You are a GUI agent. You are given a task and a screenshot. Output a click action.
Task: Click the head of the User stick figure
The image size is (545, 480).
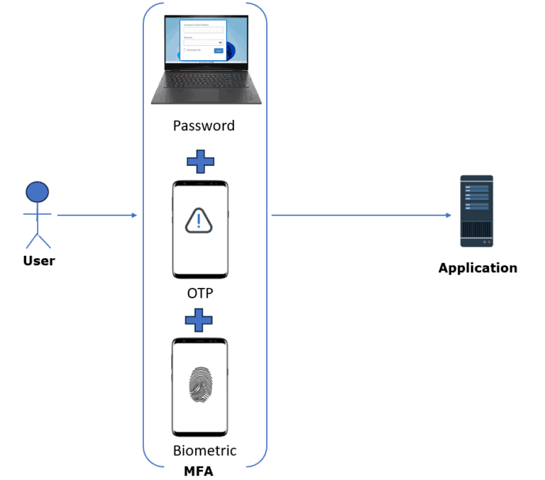point(37,192)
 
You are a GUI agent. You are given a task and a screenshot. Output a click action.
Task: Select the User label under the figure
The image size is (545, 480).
point(38,261)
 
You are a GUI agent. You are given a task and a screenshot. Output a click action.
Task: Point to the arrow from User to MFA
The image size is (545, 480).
point(97,215)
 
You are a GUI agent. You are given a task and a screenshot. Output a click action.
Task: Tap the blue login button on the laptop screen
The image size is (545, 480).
point(218,50)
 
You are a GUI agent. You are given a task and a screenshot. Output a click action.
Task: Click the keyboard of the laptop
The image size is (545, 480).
point(204,77)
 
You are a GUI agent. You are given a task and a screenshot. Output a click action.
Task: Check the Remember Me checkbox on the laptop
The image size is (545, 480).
point(185,50)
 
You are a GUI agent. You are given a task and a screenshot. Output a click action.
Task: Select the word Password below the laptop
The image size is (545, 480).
point(204,126)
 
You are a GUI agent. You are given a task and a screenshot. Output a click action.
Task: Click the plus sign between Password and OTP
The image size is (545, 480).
point(200,162)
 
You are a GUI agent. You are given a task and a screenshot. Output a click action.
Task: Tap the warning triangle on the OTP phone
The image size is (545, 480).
point(199,221)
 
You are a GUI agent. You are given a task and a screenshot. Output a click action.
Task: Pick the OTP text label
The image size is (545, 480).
point(199,293)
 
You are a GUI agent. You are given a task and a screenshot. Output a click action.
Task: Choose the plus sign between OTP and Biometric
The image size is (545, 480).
point(199,320)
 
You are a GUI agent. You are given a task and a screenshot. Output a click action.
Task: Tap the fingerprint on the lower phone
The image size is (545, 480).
point(199,385)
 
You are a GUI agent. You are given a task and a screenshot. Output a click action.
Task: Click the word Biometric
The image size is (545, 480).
point(204,451)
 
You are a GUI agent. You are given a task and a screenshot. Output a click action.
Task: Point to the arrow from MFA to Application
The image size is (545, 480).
point(362,215)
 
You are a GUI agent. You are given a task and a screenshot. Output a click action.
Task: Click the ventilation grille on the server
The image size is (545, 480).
point(476,228)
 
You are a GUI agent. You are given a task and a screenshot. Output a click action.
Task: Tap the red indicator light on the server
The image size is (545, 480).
point(489,242)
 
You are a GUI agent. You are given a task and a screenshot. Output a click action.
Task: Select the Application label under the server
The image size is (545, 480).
point(478,268)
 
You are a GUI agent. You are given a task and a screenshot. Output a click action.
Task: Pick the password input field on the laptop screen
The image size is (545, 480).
point(202,43)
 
